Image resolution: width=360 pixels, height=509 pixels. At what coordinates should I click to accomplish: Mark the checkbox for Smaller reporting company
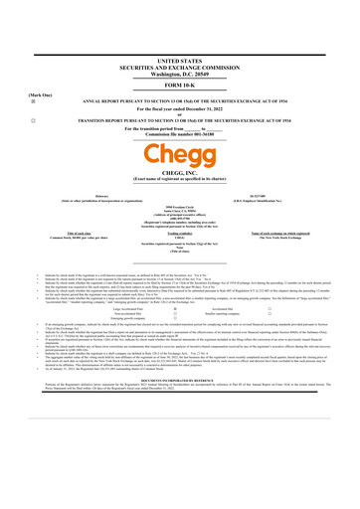tap(296, 343)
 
